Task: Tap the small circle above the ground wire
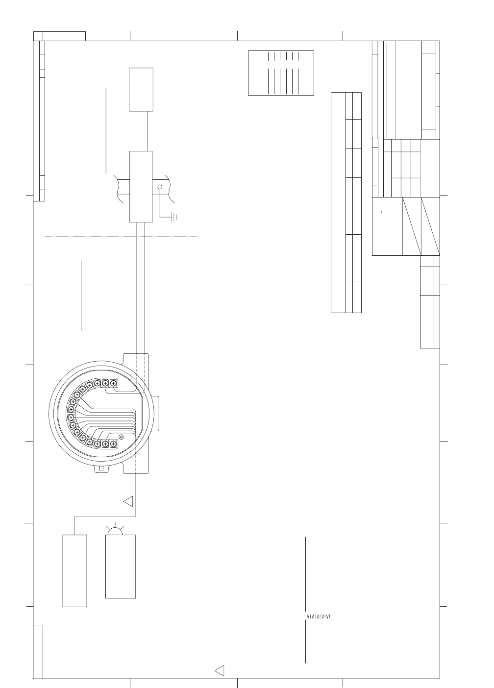(x=159, y=187)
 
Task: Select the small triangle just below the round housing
(x=129, y=501)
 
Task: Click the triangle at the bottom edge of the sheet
(x=220, y=671)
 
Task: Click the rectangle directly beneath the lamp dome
(x=121, y=566)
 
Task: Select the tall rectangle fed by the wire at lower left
(x=75, y=570)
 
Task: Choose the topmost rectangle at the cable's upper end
(x=141, y=90)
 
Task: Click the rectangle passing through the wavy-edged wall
(x=141, y=186)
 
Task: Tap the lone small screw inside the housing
(x=121, y=437)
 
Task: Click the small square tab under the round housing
(x=101, y=468)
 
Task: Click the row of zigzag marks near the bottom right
(x=316, y=616)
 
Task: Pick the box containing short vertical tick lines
(x=281, y=73)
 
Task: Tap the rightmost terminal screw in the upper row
(x=113, y=383)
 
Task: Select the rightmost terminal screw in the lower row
(x=113, y=443)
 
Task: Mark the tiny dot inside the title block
(x=381, y=212)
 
